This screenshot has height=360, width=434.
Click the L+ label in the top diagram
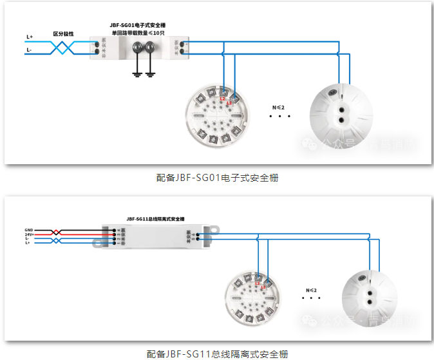30,37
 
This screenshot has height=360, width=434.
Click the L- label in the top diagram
30,50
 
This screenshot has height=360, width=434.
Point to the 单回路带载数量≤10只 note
138,32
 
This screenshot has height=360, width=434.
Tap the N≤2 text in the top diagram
278,106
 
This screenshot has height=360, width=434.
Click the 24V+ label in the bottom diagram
29,234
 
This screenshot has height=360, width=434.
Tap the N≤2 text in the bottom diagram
312,290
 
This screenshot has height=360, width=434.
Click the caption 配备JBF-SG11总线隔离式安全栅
216,354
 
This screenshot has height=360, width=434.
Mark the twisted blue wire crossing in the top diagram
64,47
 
